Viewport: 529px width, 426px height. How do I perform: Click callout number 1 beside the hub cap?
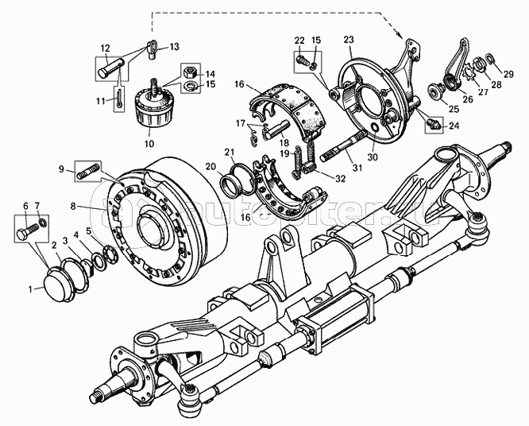[31, 289]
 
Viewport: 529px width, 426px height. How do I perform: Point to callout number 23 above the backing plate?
[349, 38]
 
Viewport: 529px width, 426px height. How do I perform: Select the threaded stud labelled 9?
[89, 169]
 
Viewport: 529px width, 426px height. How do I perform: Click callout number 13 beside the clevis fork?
[174, 47]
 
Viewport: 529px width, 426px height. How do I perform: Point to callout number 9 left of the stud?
[61, 168]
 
